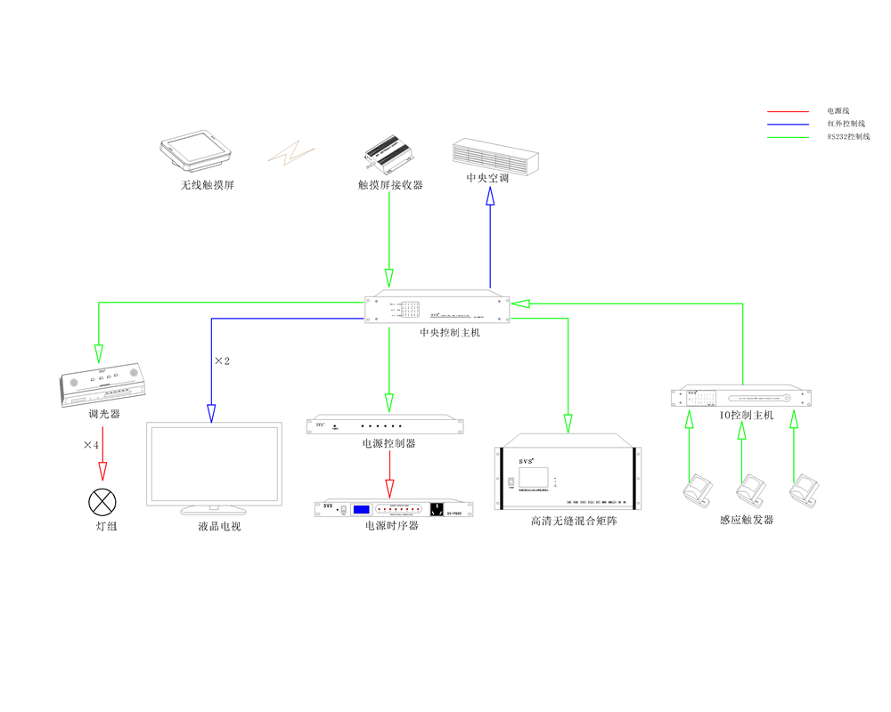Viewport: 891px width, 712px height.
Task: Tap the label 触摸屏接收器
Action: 389,185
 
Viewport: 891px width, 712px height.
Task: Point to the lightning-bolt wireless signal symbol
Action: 292,153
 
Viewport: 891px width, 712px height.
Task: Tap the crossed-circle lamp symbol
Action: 102,502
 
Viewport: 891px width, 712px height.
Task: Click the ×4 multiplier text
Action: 91,444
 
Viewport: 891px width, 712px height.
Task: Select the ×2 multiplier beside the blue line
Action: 223,361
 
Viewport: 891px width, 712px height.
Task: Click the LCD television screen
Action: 215,466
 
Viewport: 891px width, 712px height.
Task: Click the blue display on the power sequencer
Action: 361,510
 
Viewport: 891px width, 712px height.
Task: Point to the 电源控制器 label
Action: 388,443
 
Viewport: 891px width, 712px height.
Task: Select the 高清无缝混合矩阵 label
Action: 573,521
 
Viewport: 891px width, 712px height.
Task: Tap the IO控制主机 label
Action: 747,416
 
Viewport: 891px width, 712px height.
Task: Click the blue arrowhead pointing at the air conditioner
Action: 490,202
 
